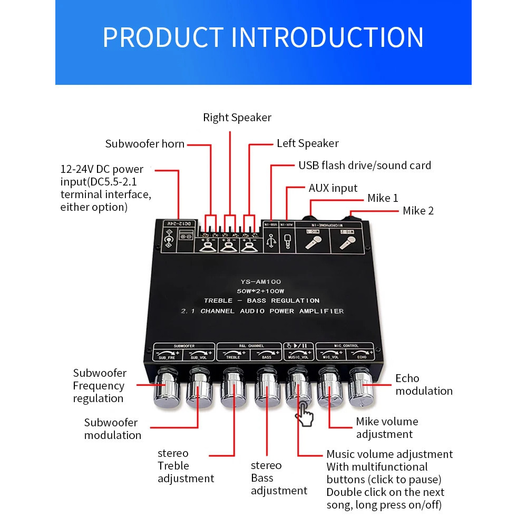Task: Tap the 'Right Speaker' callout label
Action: (237, 118)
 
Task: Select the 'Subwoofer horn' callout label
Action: (144, 144)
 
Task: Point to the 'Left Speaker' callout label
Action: (308, 143)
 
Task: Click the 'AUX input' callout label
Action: (333, 188)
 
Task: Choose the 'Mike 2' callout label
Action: (418, 211)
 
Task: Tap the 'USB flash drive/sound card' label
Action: (365, 165)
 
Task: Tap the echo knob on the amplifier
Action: (362, 390)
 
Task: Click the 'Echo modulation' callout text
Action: (424, 385)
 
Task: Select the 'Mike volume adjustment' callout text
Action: (387, 428)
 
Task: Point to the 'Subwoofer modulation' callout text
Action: (112, 429)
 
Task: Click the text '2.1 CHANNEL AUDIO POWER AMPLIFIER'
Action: (262, 311)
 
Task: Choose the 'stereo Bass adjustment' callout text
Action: (278, 478)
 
